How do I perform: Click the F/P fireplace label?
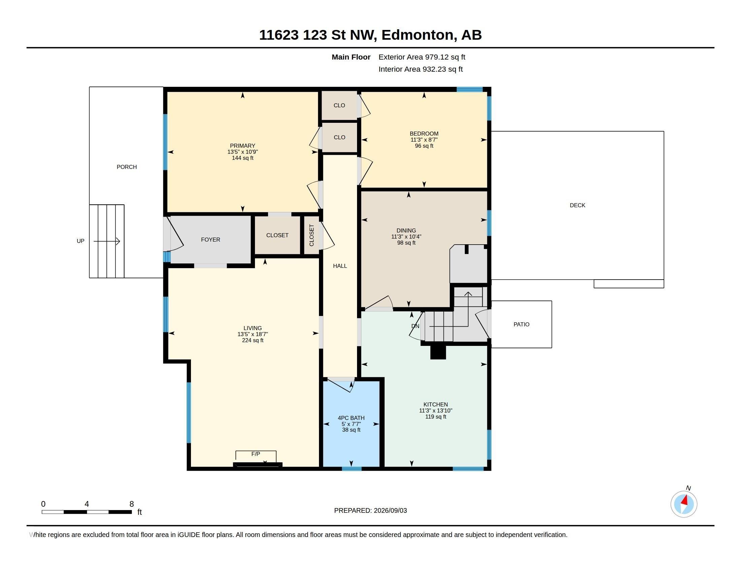[x=256, y=454]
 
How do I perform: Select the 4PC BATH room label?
[x=351, y=418]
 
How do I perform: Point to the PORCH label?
[x=127, y=167]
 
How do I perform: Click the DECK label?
[x=577, y=205]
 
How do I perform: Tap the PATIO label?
[x=521, y=324]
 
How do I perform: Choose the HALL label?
[x=340, y=266]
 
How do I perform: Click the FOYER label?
[x=211, y=240]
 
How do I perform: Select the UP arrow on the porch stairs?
[x=106, y=241]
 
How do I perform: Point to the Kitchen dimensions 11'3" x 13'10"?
[x=436, y=410]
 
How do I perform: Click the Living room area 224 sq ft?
[x=253, y=340]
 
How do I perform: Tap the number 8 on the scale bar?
[x=132, y=504]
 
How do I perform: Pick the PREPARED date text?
[x=370, y=510]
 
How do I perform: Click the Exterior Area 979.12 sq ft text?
[x=422, y=57]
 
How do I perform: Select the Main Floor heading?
[x=351, y=57]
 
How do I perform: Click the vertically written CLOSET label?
[x=312, y=235]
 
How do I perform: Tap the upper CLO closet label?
[x=339, y=105]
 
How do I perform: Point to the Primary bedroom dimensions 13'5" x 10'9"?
[x=243, y=152]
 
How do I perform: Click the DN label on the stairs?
[x=415, y=326]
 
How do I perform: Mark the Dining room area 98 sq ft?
[x=406, y=243]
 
